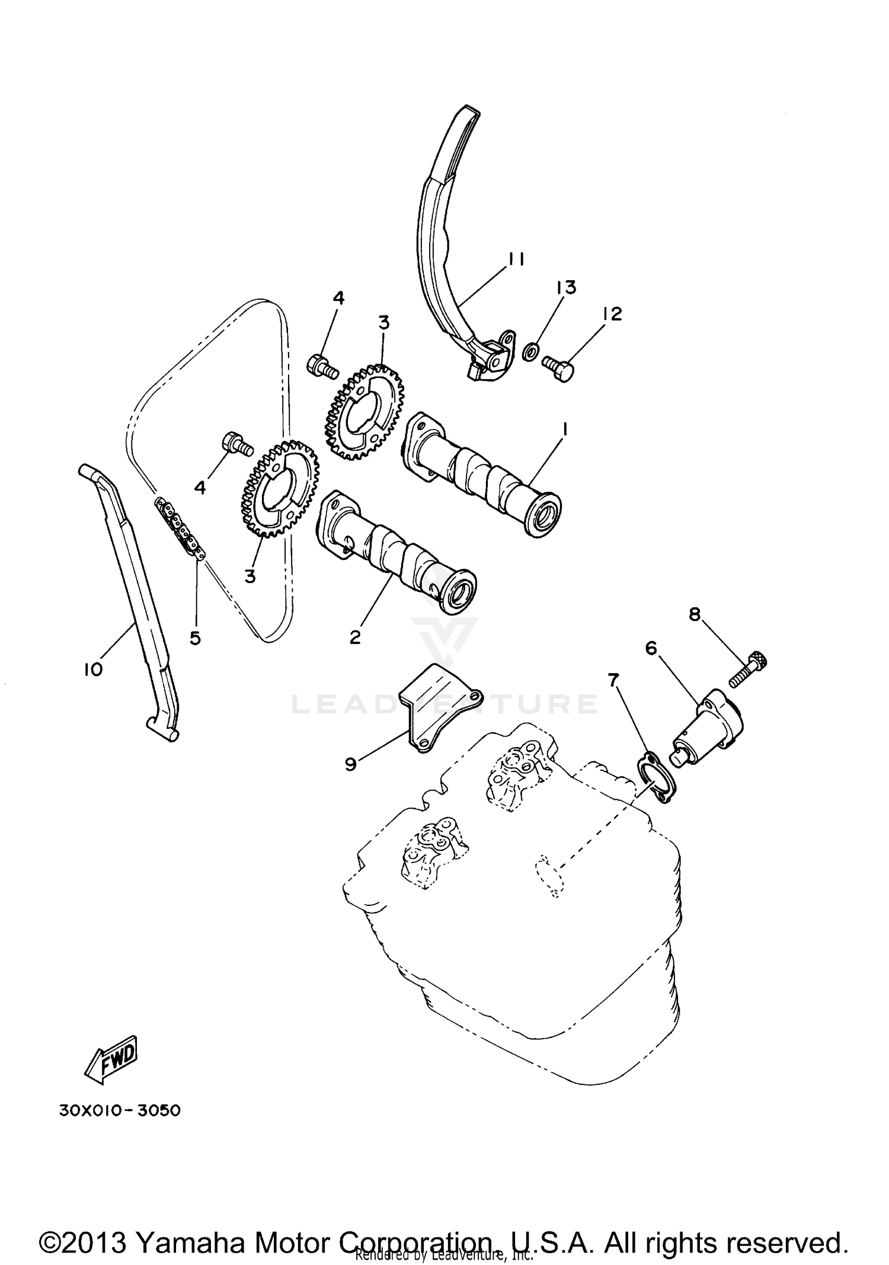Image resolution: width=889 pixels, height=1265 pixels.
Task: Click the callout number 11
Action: click(x=516, y=260)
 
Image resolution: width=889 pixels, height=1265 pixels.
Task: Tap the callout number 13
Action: click(x=565, y=288)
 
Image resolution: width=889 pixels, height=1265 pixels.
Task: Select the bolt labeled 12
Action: click(x=559, y=369)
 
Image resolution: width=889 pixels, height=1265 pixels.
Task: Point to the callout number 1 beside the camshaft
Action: click(x=565, y=429)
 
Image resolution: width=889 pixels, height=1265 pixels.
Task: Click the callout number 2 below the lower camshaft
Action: click(x=355, y=638)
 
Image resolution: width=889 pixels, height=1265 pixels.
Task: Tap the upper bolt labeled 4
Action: click(x=322, y=366)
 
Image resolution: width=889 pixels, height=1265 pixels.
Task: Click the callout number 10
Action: click(x=93, y=670)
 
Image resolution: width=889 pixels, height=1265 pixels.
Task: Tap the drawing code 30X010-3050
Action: click(x=120, y=1110)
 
